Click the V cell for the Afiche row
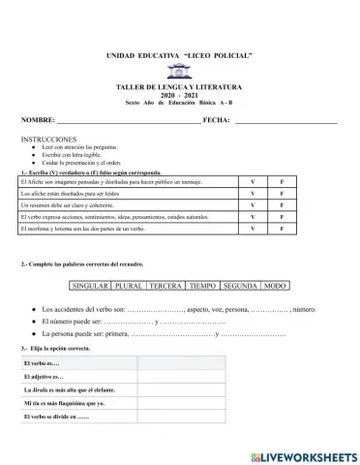252,181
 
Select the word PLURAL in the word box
130,287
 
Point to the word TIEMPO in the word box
203,287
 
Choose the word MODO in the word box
276,287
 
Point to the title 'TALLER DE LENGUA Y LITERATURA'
179,87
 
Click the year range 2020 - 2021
179,95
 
